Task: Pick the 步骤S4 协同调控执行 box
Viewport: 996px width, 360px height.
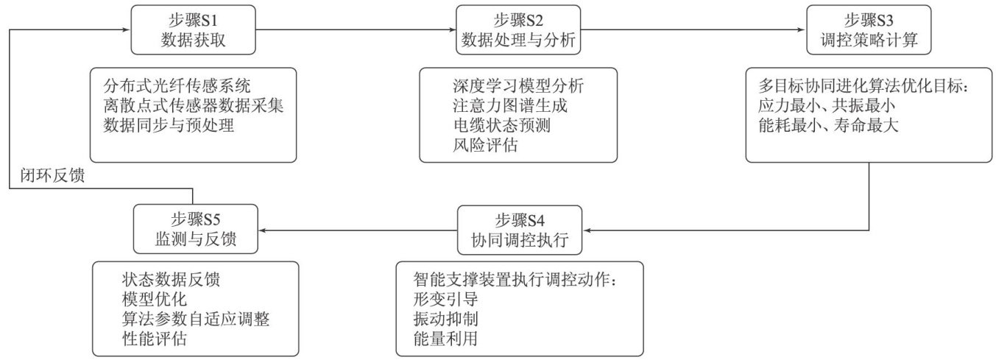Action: (x=520, y=230)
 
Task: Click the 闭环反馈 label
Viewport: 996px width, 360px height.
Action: (x=55, y=174)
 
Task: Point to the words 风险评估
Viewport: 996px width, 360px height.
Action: (x=485, y=146)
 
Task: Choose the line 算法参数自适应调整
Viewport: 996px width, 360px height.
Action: (x=201, y=320)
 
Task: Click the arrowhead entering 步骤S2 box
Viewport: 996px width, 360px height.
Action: (x=451, y=30)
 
